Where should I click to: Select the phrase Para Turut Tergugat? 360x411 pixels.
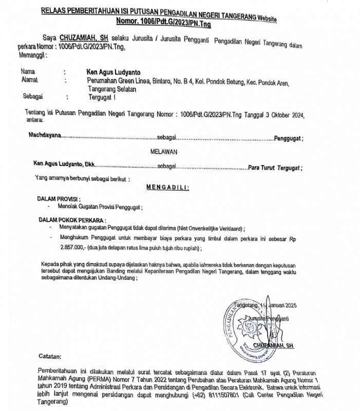[274, 167]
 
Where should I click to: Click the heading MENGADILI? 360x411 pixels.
[168, 188]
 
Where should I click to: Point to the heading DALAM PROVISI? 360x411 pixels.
[59, 198]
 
